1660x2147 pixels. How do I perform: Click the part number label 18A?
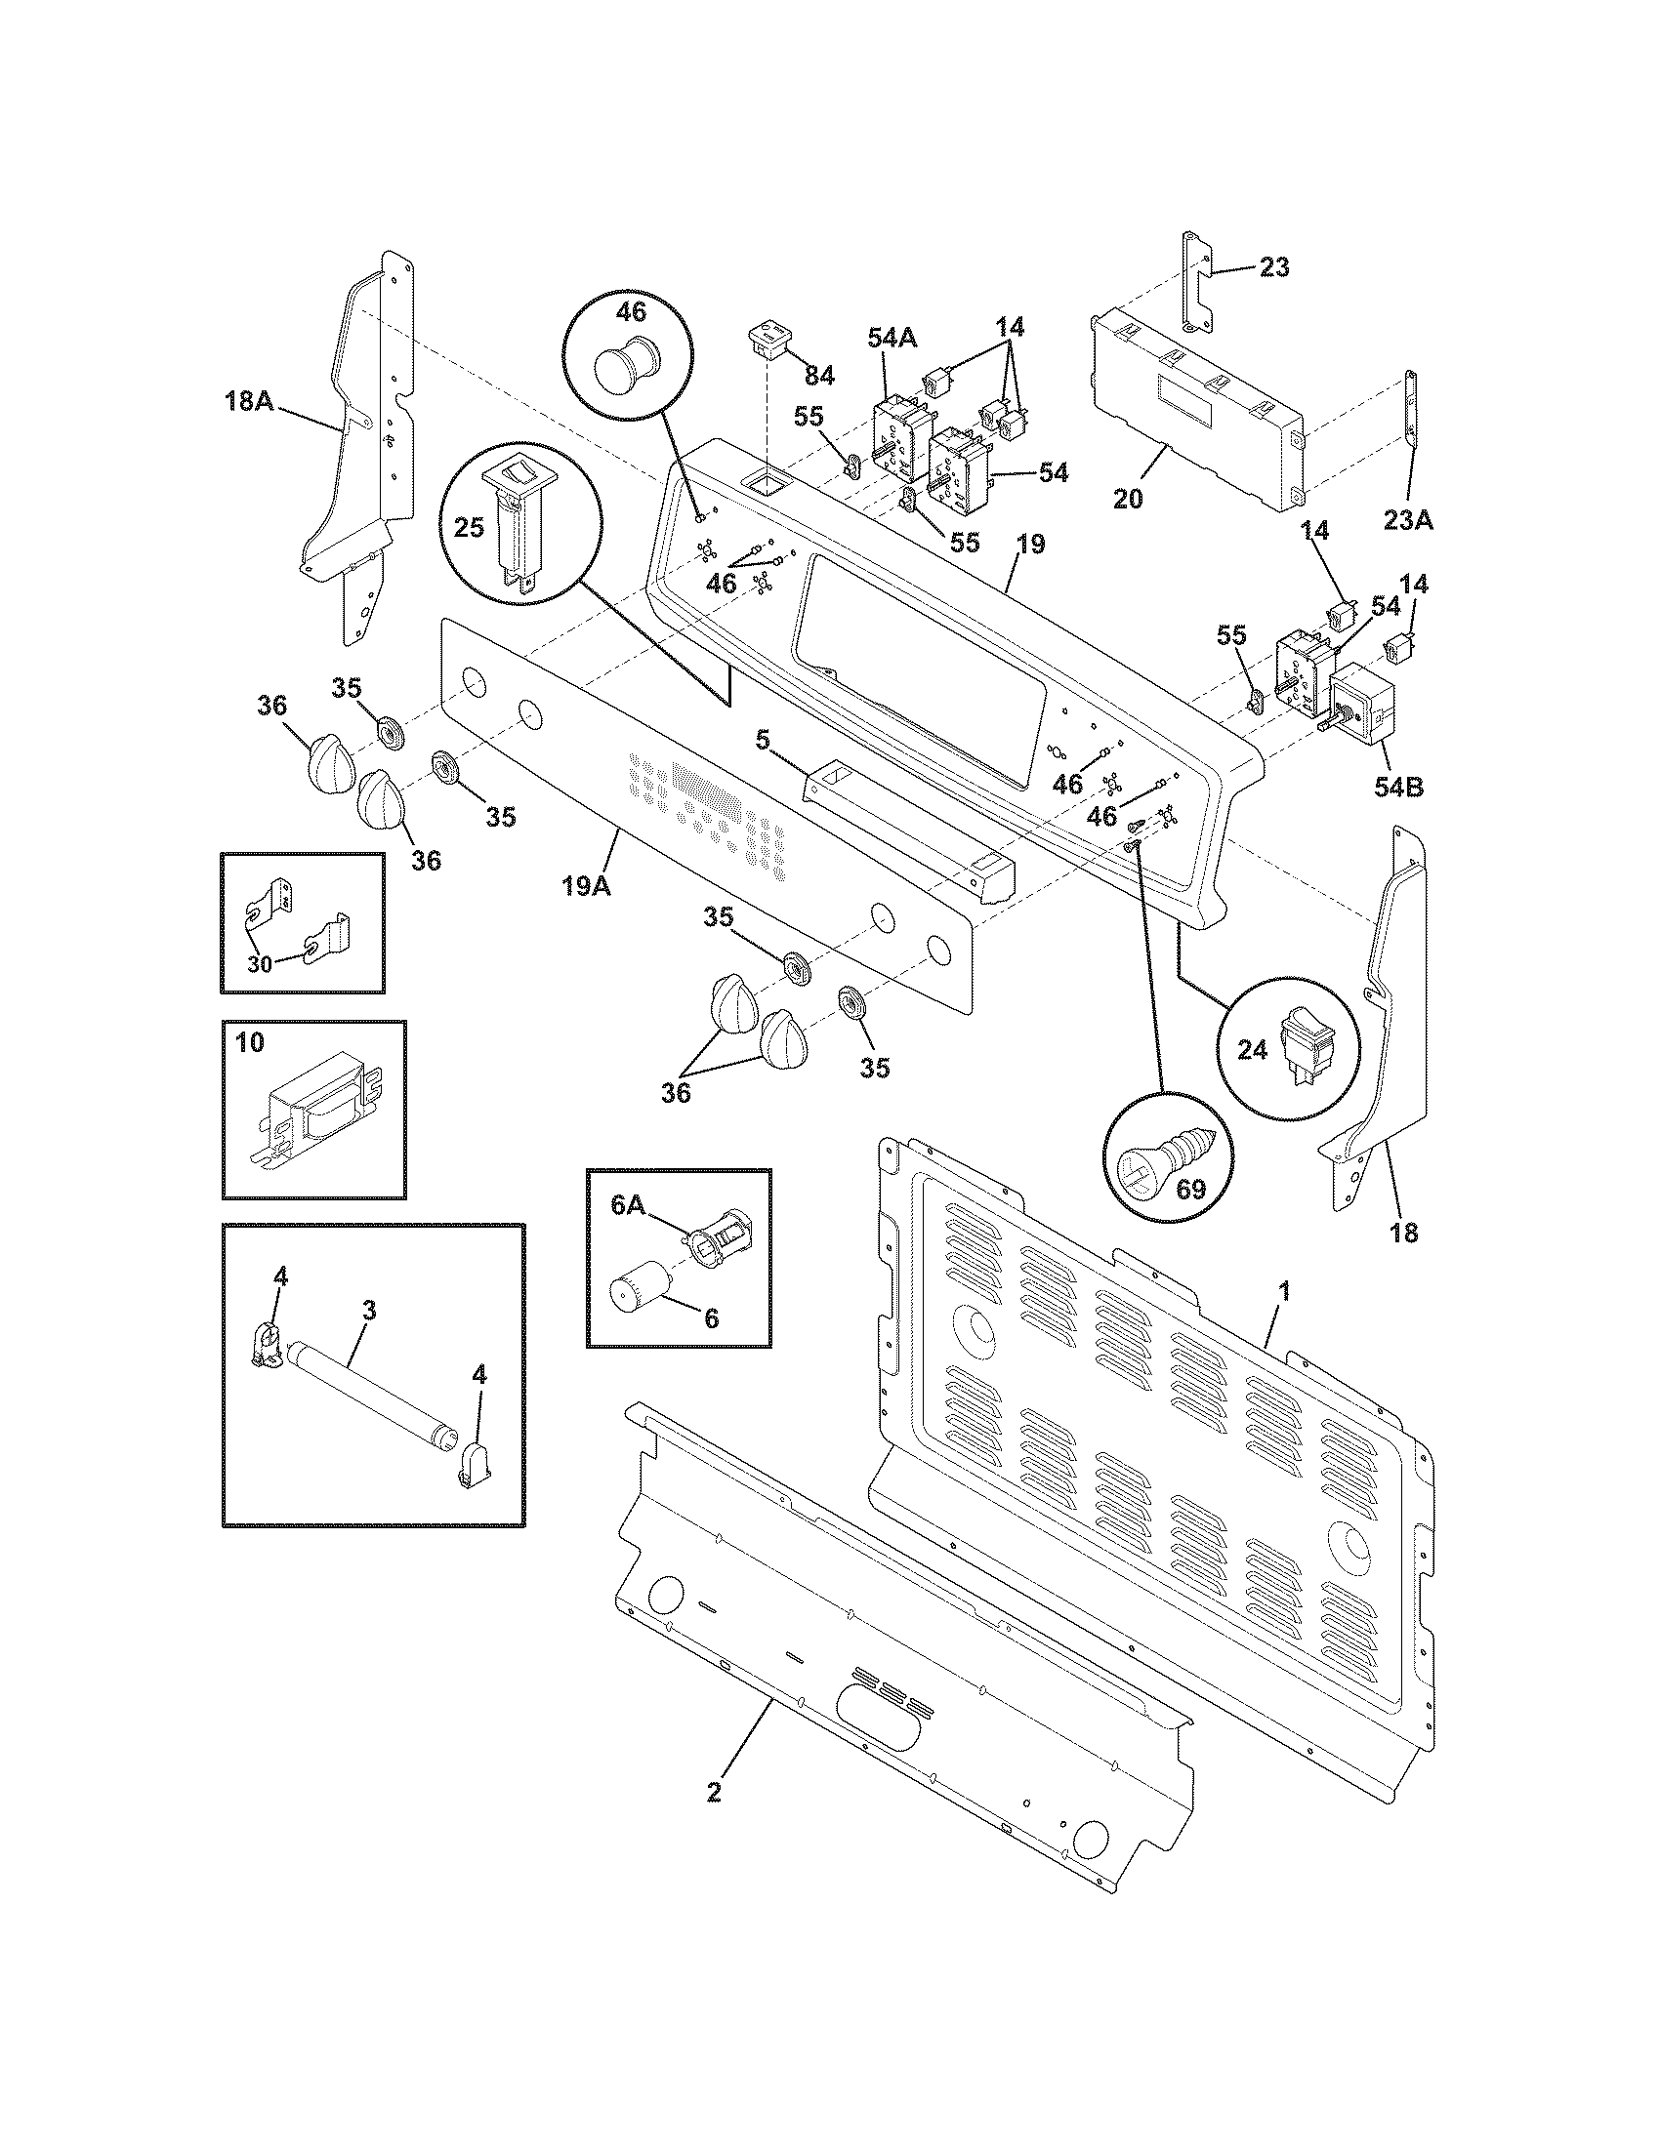click(x=249, y=401)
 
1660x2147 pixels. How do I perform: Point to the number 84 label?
click(x=819, y=375)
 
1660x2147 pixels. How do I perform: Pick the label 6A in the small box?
click(x=628, y=1206)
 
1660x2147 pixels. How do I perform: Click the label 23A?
click(x=1408, y=520)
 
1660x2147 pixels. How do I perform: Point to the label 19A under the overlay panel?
click(x=586, y=886)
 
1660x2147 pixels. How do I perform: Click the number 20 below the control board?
click(x=1128, y=499)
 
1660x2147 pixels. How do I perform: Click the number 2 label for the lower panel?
click(x=714, y=1791)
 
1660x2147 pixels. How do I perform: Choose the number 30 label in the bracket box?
click(x=259, y=963)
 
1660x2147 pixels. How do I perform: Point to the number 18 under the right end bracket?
click(x=1404, y=1231)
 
